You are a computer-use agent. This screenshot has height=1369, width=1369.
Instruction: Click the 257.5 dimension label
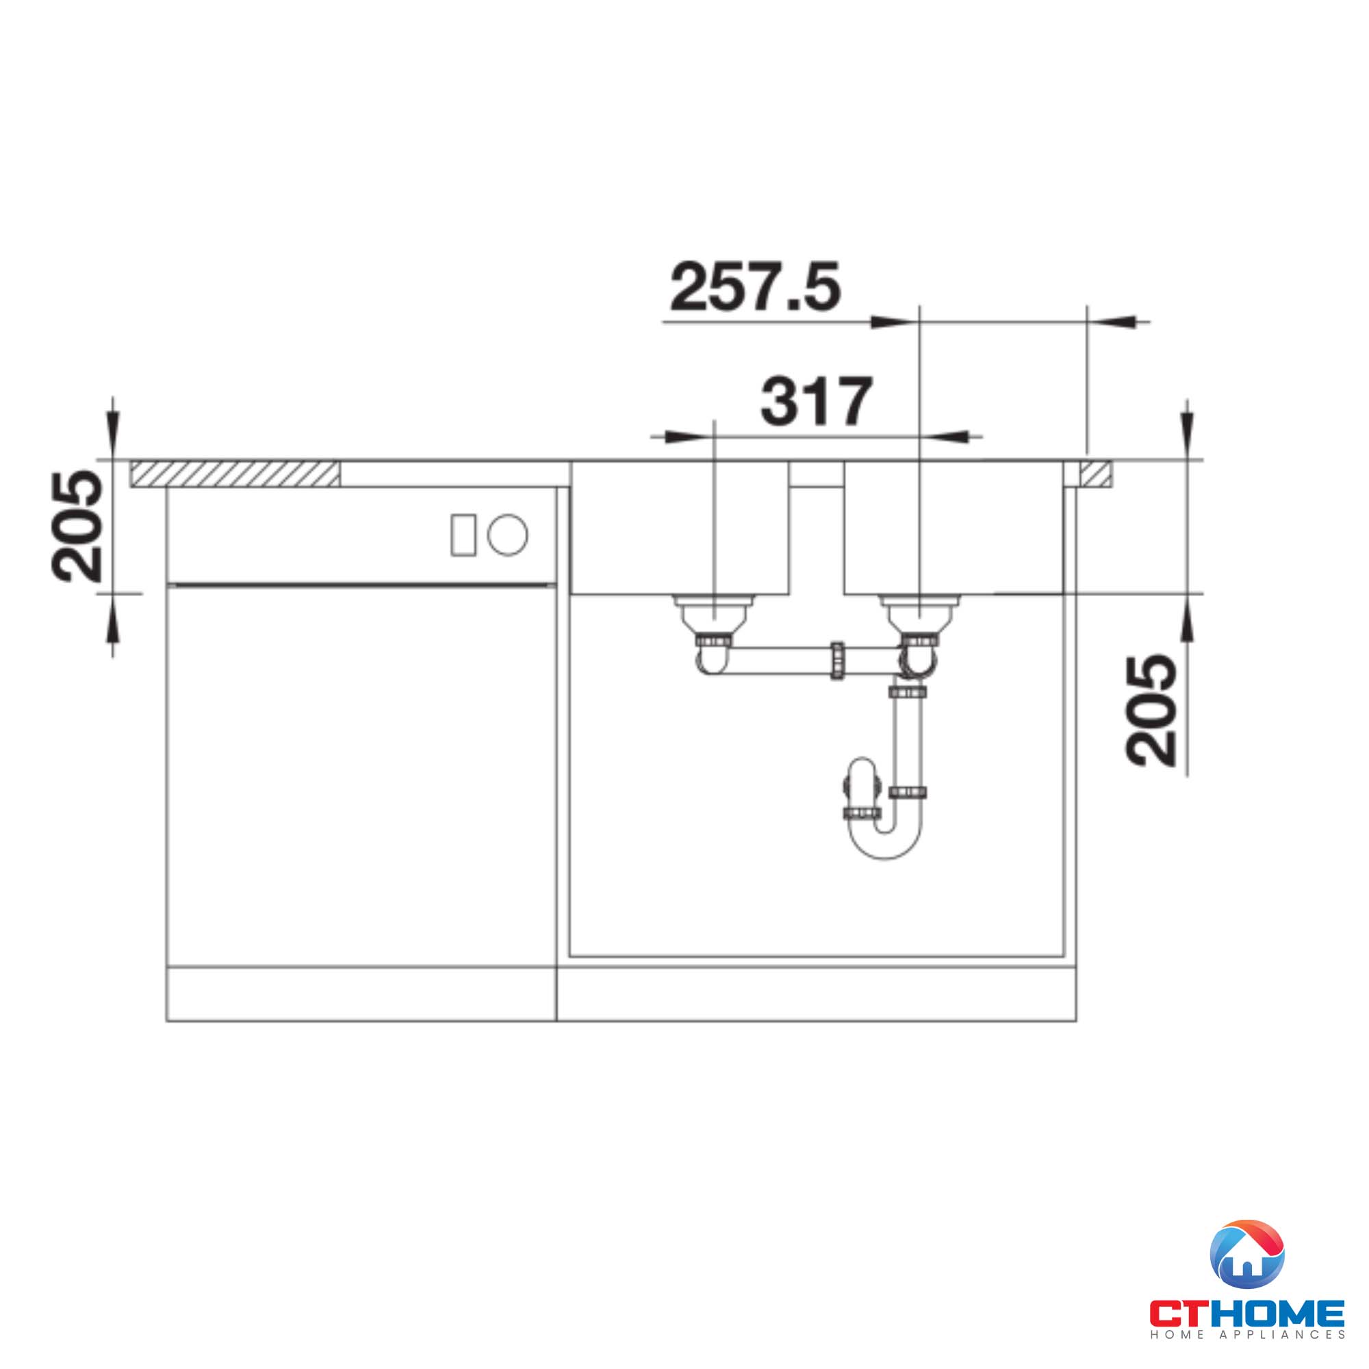coord(756,286)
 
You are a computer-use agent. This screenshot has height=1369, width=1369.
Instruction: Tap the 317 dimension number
coord(817,401)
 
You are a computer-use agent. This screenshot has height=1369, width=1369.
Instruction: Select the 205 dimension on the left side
coord(77,526)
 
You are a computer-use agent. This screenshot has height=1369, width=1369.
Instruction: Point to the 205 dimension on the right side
coord(1151,709)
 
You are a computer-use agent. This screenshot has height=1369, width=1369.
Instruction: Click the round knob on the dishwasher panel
coord(507,535)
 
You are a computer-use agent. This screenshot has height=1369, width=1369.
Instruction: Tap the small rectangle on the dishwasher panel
coord(463,535)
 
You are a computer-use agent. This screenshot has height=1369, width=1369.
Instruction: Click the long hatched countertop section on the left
coord(235,474)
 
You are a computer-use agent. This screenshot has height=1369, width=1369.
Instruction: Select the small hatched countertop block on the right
coord(1095,474)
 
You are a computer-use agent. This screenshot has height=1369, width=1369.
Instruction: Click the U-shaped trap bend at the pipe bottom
coord(886,847)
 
